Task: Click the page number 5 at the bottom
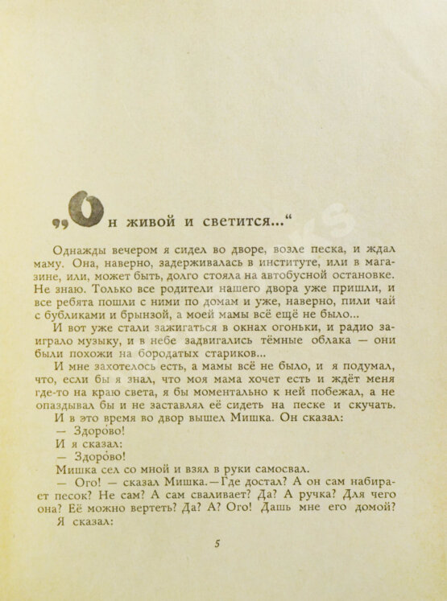pos(217,544)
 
